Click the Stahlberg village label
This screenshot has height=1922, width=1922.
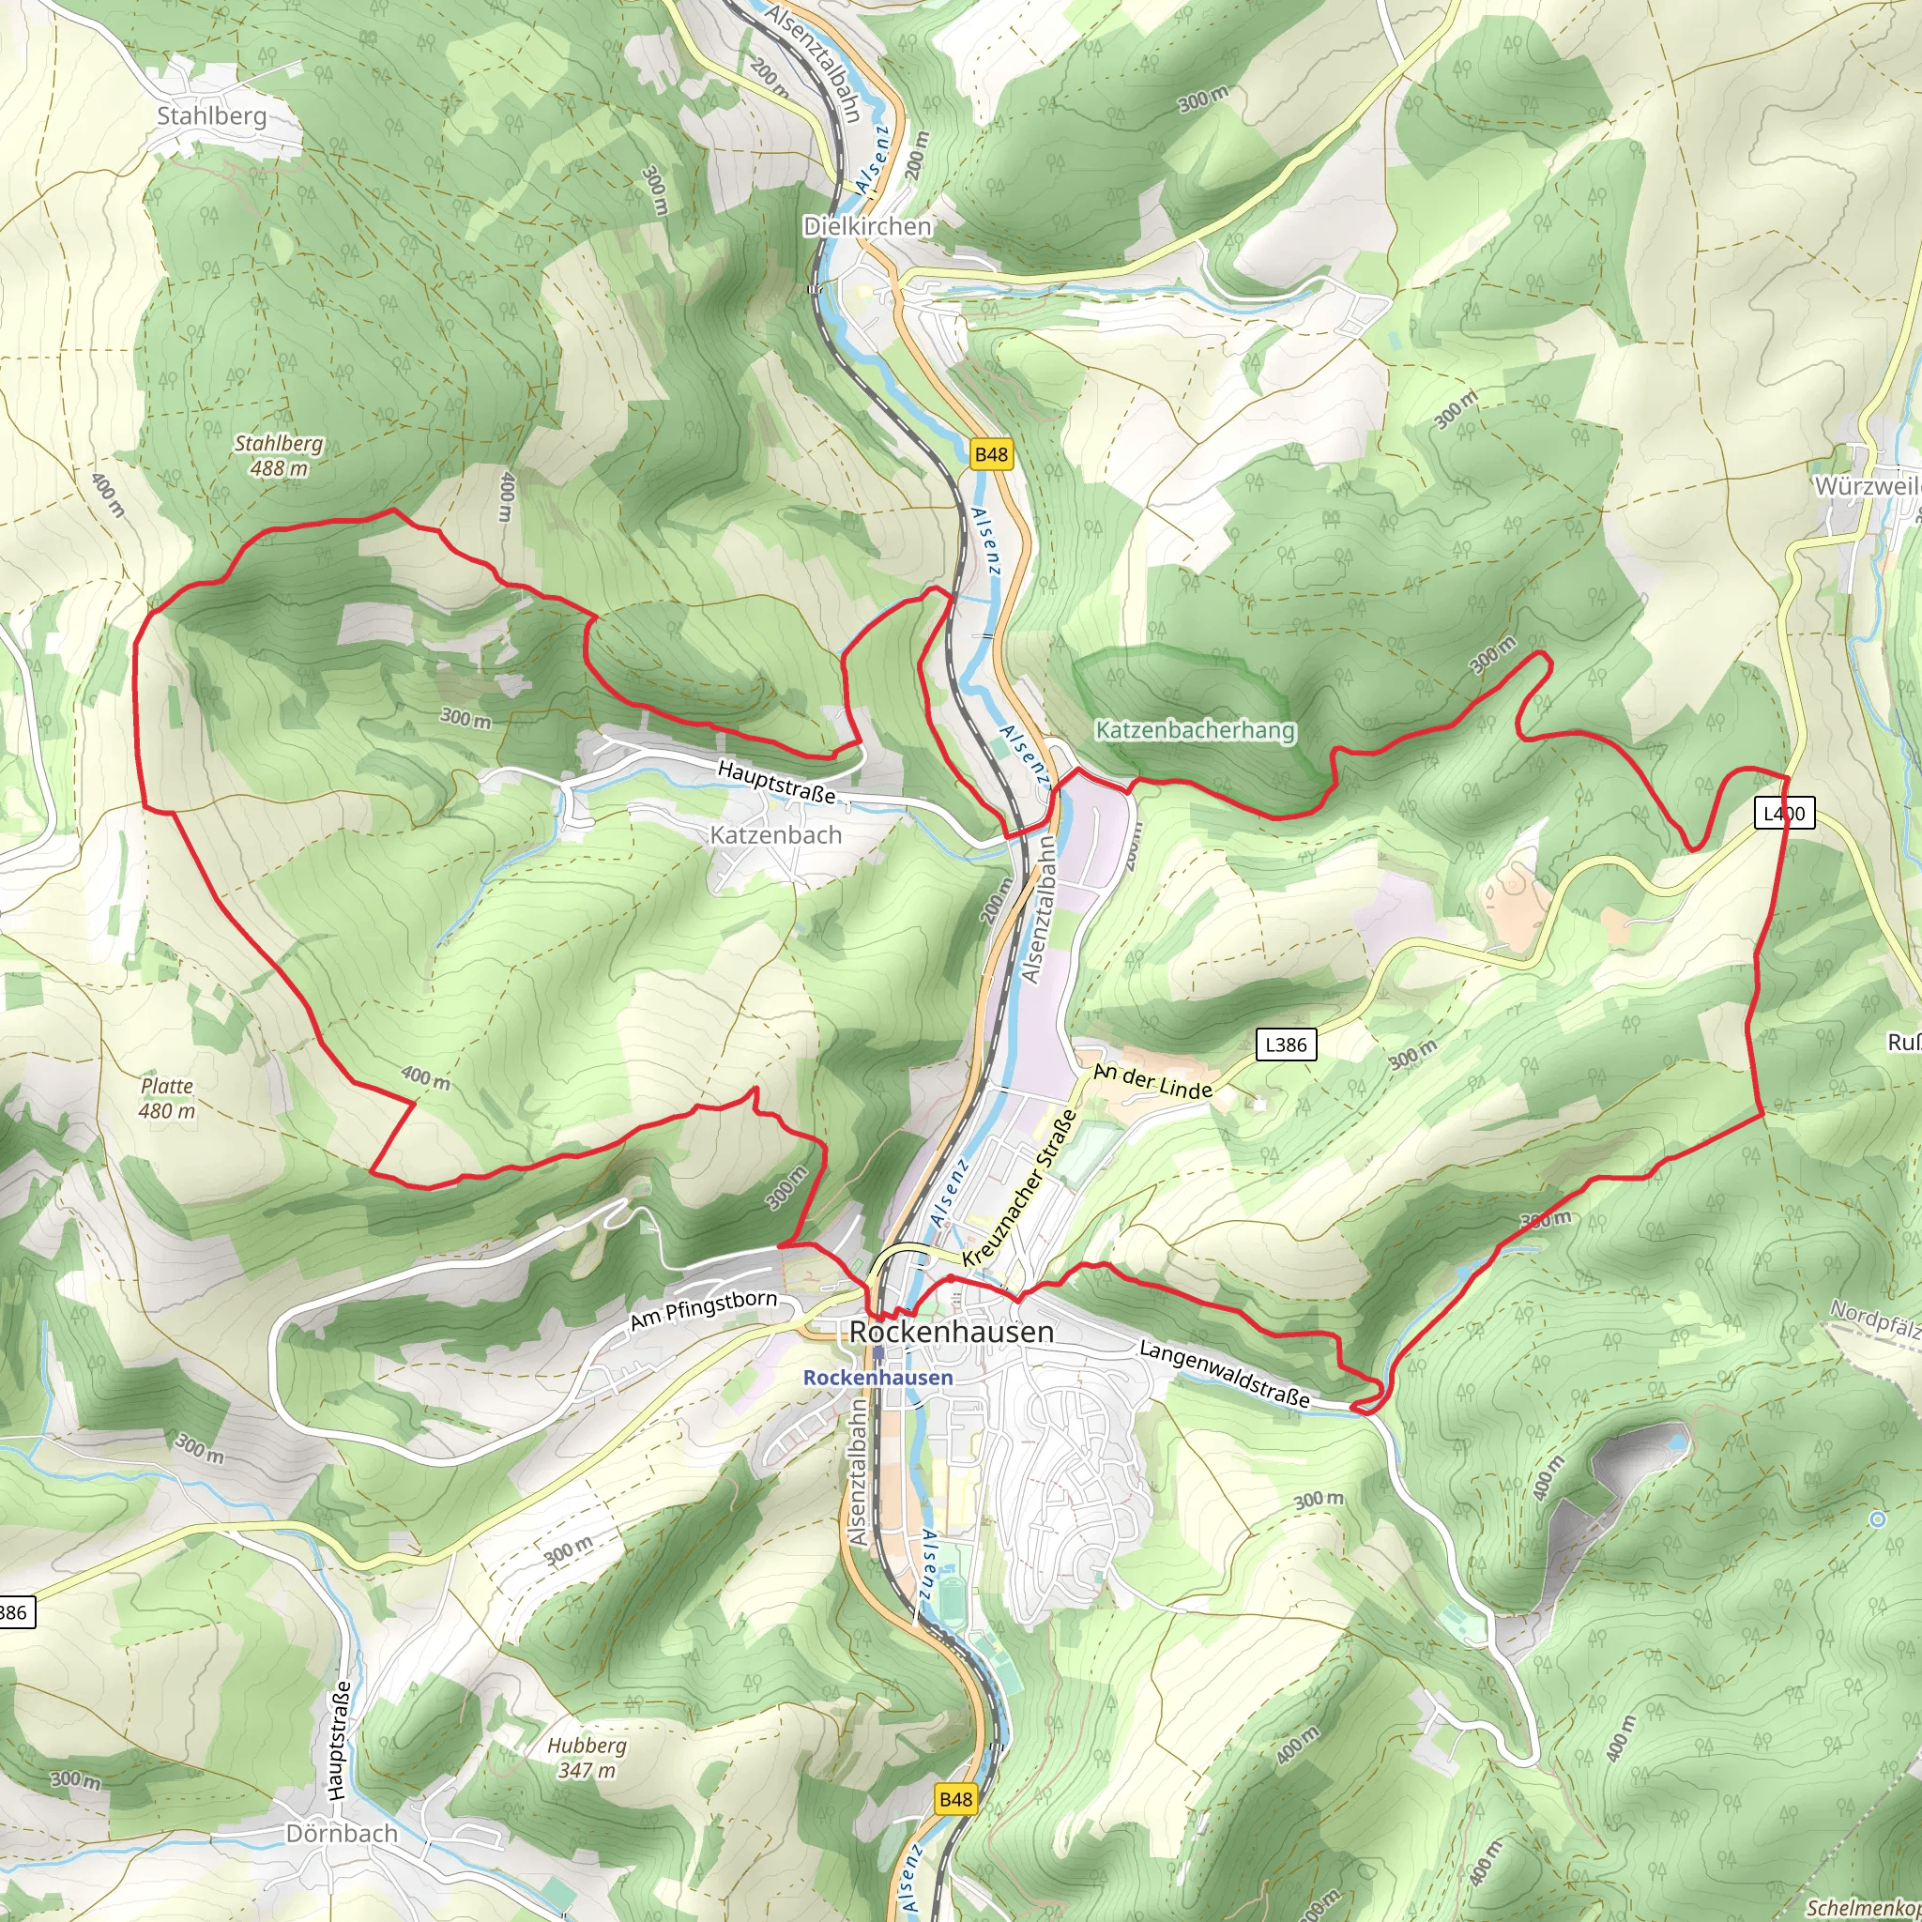point(212,116)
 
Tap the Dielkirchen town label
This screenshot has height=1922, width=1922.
point(867,227)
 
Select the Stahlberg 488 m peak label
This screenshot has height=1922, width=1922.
point(279,455)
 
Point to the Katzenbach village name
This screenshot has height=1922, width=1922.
point(776,834)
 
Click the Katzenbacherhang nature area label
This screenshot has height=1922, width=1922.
point(1195,730)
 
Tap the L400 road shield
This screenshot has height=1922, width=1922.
point(1784,813)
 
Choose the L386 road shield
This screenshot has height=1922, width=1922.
point(1286,1045)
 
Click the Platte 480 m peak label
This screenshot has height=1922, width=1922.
point(167,1098)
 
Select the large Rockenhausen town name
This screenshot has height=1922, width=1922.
point(951,1331)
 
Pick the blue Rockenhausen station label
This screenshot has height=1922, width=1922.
point(877,1377)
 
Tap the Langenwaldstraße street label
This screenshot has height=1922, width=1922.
point(1225,1373)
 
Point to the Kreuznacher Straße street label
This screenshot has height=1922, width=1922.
point(1020,1188)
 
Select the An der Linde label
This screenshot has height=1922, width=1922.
point(1153,1081)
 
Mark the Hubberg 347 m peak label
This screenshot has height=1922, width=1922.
point(587,1757)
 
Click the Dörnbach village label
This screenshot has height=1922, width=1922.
point(342,1833)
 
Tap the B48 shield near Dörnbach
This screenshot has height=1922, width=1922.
point(955,1799)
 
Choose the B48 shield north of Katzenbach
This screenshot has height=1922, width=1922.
point(991,454)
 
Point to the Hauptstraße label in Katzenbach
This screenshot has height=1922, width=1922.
point(776,781)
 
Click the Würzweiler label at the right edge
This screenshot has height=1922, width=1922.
point(1867,486)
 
